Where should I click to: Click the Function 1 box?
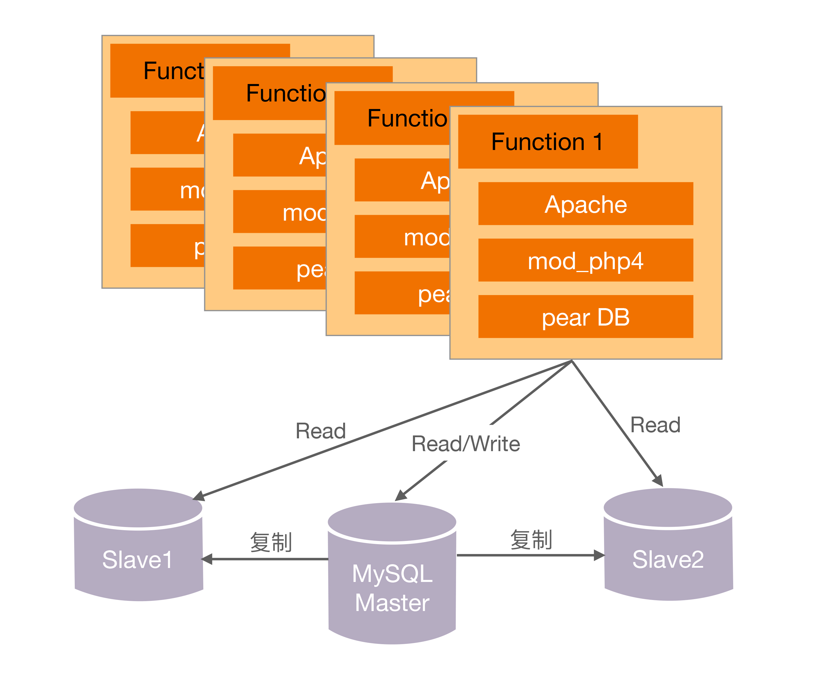[547, 141]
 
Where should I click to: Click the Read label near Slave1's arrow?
[320, 431]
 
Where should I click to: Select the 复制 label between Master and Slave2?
[531, 539]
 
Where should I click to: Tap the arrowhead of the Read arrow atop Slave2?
[658, 480]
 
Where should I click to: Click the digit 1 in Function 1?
[597, 142]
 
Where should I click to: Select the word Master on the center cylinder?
[392, 603]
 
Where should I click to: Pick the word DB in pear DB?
[613, 317]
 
